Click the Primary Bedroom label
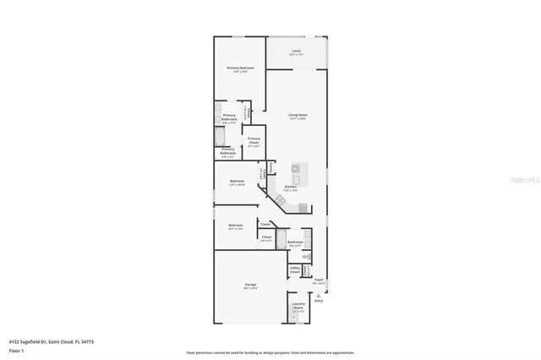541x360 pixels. (240, 69)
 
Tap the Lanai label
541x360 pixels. (296, 53)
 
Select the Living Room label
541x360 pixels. (297, 117)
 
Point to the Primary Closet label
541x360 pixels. (254, 140)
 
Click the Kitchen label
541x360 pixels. (290, 188)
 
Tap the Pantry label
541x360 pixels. (270, 167)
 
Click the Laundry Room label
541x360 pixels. (298, 306)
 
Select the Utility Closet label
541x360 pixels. (294, 270)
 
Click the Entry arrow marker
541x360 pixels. (319, 292)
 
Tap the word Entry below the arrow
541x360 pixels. (319, 300)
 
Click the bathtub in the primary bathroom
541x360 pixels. (220, 138)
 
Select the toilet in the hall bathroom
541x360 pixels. (308, 256)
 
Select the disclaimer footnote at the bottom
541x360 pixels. (270, 352)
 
